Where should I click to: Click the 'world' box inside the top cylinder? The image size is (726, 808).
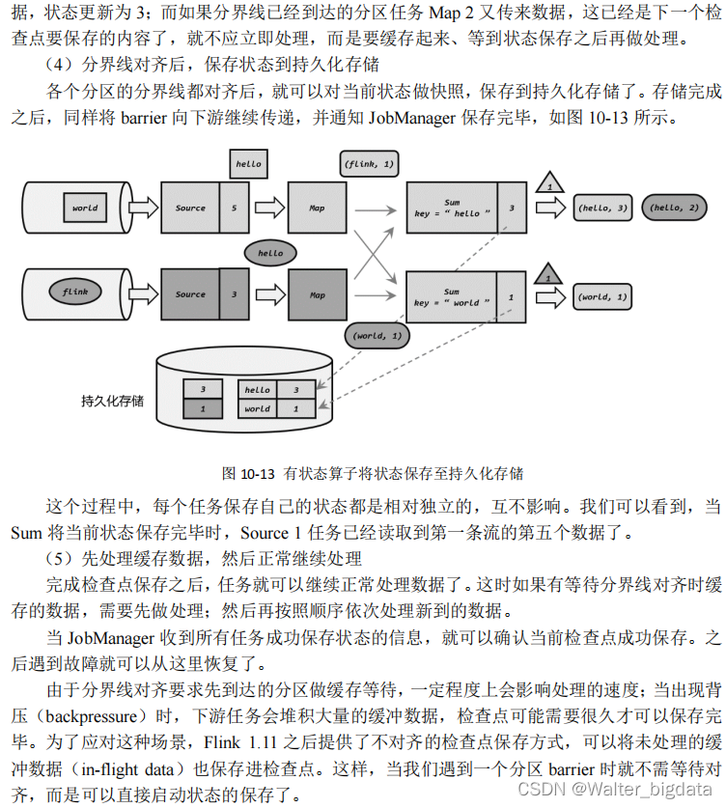(84, 208)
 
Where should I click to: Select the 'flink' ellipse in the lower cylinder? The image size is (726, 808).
(74, 291)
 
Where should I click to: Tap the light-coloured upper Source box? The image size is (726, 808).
(190, 208)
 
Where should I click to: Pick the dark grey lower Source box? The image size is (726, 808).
(190, 294)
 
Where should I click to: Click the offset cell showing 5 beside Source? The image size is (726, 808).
(234, 208)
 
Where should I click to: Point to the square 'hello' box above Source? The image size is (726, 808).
(248, 164)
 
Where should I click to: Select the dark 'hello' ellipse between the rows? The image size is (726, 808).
(270, 253)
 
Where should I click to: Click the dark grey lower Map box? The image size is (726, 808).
(317, 294)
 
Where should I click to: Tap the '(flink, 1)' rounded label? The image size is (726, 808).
(369, 165)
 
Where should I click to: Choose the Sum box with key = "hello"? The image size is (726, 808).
(452, 208)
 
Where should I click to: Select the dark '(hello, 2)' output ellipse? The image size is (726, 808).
(676, 208)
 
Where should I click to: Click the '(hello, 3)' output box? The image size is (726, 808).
(601, 208)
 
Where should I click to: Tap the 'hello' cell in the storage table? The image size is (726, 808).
(257, 390)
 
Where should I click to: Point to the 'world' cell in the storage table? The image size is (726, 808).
(257, 408)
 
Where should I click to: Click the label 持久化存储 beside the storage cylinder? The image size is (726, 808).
(112, 400)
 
